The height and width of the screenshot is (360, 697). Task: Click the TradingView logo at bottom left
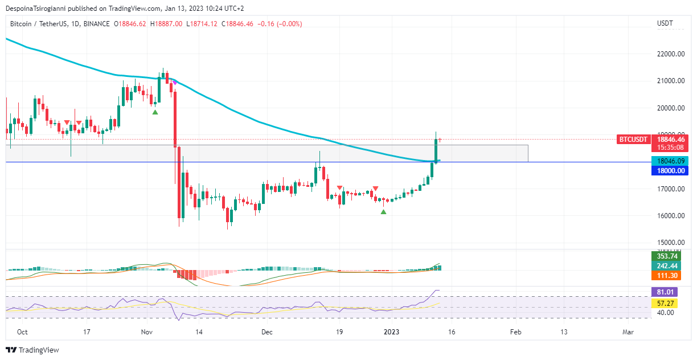(x=32, y=350)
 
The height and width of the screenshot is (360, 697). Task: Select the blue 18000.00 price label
(x=671, y=170)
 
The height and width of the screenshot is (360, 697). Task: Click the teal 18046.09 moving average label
(x=671, y=161)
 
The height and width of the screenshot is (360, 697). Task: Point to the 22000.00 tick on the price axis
(x=670, y=54)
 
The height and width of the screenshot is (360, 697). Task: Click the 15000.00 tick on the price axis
(x=670, y=243)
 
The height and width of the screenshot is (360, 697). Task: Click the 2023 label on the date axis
(x=391, y=332)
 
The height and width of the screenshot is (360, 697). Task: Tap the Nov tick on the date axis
(x=147, y=332)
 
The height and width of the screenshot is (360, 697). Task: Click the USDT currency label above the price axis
(x=665, y=23)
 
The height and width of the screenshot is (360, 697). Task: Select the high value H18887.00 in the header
(x=166, y=24)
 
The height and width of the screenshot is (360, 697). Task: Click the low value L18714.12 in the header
(x=202, y=24)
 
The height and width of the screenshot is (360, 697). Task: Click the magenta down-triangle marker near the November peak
(x=175, y=83)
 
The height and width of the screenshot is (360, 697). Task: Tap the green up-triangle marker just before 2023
(x=383, y=212)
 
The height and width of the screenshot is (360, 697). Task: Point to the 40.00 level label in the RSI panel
(x=666, y=312)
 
